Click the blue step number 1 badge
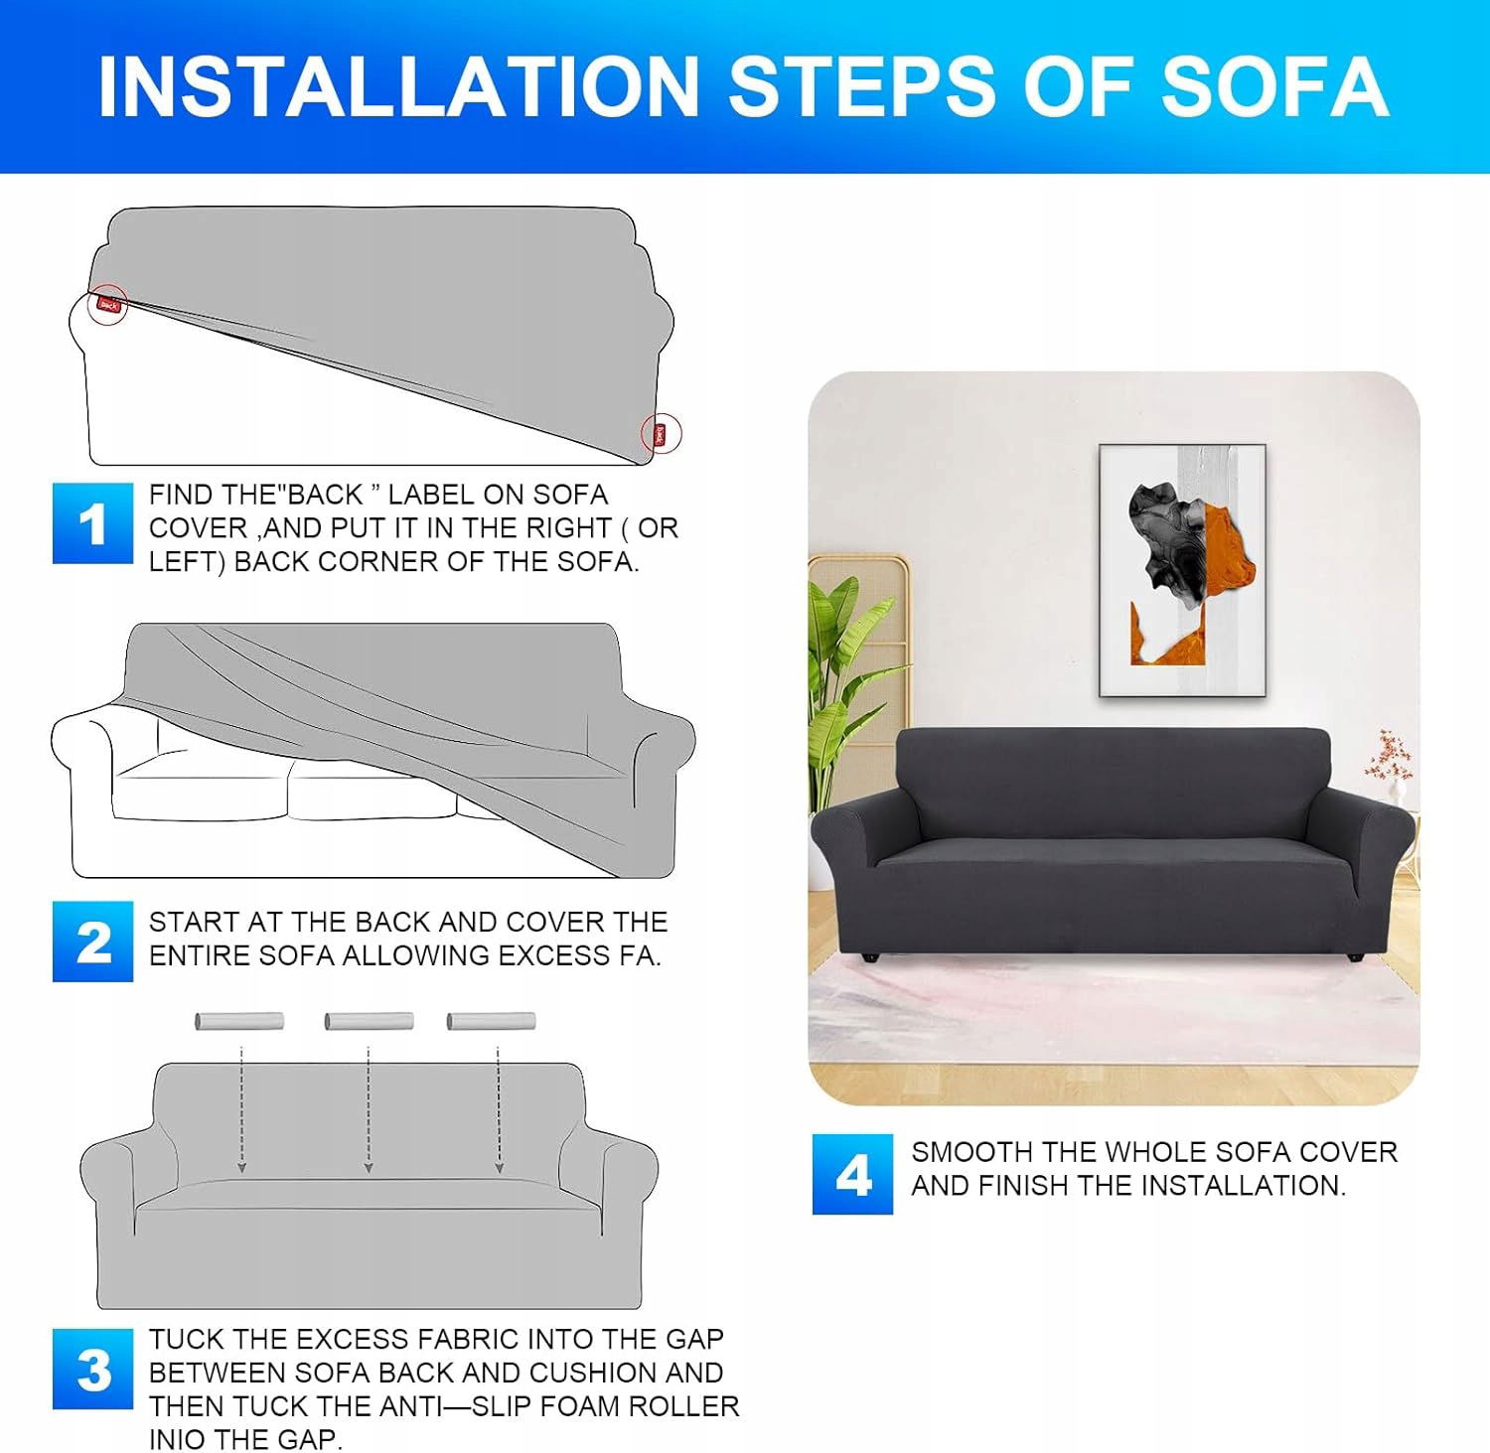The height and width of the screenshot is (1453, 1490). (x=92, y=523)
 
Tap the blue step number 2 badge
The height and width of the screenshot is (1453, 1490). (x=92, y=942)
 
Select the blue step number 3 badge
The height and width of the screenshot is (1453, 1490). (x=92, y=1369)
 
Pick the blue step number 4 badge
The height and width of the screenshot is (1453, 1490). (x=852, y=1175)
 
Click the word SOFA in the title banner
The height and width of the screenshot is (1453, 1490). (x=1274, y=87)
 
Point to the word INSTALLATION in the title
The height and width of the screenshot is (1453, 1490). (x=399, y=87)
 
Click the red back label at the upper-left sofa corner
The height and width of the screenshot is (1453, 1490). (x=108, y=305)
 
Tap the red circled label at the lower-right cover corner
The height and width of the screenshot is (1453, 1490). (x=660, y=434)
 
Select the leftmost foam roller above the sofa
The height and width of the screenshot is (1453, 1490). (x=239, y=1021)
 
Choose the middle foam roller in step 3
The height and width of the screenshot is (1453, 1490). (x=369, y=1021)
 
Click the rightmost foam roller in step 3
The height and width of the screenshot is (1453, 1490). (x=492, y=1021)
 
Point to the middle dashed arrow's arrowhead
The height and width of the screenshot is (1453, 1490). (x=369, y=1167)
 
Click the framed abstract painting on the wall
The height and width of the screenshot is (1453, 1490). (x=1182, y=570)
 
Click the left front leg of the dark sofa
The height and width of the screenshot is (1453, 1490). (x=871, y=958)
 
